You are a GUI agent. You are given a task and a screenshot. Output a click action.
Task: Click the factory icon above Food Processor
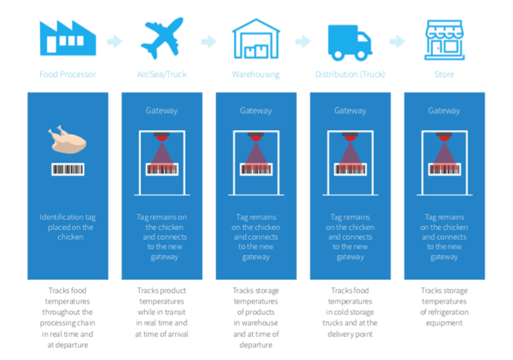68,38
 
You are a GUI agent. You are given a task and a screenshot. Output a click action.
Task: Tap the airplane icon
162,38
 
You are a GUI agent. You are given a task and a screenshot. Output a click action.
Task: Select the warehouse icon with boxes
256,38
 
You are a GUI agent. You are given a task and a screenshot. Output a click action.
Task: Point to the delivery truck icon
350,43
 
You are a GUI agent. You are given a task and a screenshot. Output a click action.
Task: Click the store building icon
444,40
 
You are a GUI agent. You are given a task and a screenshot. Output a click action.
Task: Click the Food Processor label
68,74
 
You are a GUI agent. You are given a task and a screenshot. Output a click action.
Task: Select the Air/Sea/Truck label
162,74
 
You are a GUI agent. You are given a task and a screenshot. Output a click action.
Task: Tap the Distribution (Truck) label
350,74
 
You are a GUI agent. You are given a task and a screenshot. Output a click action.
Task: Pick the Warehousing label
256,74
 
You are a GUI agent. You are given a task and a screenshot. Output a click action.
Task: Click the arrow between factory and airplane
115,42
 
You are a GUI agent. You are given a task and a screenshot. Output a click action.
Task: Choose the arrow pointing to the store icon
398,42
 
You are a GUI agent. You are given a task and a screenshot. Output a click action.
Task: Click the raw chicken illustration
68,140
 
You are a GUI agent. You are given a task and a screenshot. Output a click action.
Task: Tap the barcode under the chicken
68,169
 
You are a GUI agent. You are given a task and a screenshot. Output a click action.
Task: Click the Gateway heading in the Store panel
444,110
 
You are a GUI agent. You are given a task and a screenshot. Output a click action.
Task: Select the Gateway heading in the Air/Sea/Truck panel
162,110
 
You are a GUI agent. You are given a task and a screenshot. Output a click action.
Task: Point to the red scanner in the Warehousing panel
256,137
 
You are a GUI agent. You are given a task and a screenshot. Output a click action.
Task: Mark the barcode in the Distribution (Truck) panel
350,169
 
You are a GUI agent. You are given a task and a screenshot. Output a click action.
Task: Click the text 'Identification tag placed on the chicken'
68,227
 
